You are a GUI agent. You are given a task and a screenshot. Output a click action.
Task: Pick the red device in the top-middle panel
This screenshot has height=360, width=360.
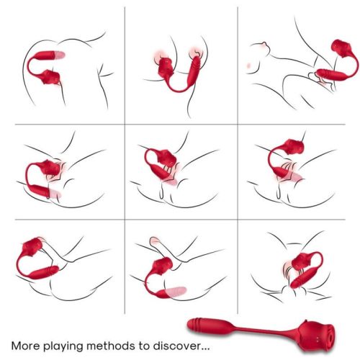pyautogui.click(x=173, y=72)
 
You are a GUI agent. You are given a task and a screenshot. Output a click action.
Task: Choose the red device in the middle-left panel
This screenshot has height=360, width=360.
pyautogui.click(x=47, y=173)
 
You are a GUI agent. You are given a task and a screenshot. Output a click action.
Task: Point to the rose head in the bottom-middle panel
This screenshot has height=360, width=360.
pyautogui.click(x=158, y=252)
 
